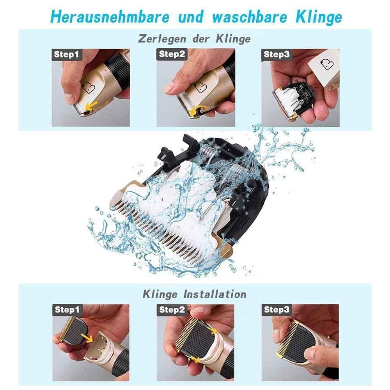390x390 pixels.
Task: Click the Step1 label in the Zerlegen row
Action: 66,55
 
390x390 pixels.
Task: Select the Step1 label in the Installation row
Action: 66,310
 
